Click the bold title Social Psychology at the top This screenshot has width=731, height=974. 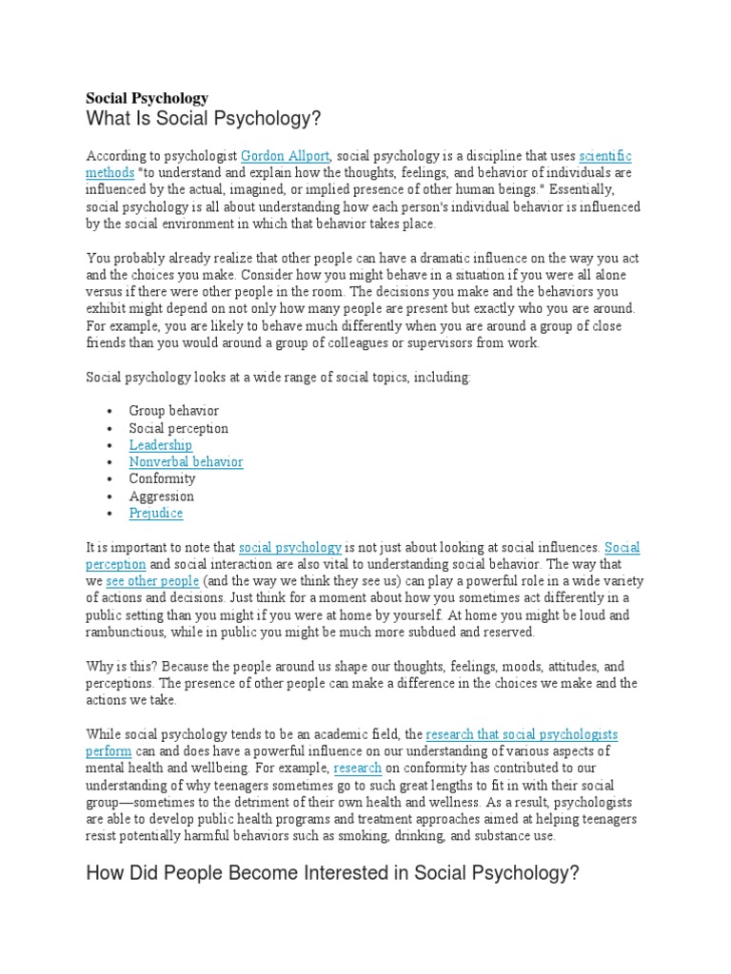coord(148,97)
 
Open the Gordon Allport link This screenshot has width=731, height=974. coord(285,155)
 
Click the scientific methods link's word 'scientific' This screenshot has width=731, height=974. coord(604,155)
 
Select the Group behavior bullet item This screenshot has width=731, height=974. coord(174,411)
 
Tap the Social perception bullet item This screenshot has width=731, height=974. coord(179,428)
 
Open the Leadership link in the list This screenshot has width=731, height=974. coord(161,445)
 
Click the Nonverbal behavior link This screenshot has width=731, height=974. coord(187,462)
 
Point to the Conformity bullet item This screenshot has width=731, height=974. coord(163,479)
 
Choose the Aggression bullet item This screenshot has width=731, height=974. coord(162,497)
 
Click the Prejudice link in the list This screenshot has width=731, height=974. coord(156,514)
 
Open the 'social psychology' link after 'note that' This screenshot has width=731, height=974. coord(290,548)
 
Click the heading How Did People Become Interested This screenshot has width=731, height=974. coord(332,875)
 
